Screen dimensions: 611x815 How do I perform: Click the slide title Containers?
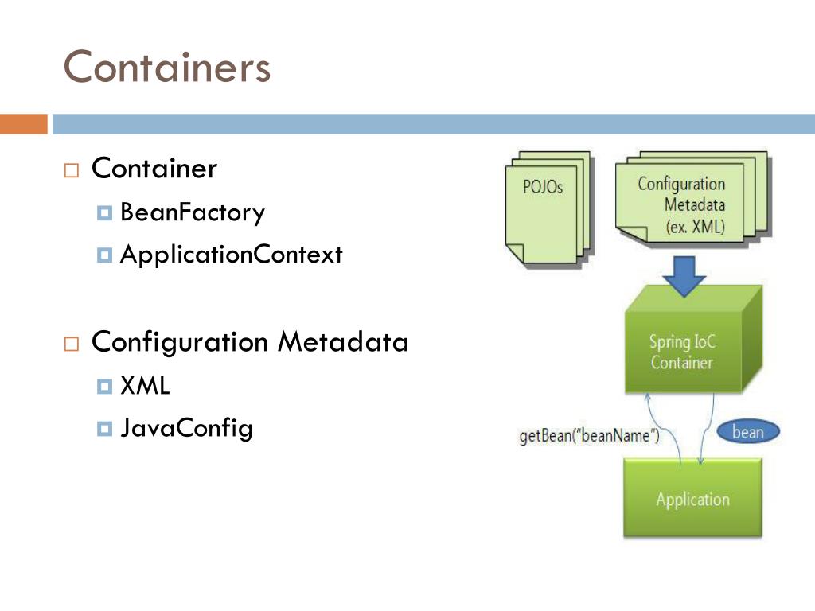[167, 67]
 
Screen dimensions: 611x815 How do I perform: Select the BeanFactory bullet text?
[192, 213]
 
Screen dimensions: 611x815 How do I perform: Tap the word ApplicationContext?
[231, 255]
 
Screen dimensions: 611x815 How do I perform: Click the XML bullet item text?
[145, 387]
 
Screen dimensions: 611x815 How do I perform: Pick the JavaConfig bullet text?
[186, 428]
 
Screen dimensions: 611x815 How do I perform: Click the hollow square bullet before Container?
[72, 170]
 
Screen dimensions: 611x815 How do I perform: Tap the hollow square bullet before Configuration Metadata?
[72, 344]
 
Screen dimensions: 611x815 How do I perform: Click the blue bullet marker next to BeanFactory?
[104, 213]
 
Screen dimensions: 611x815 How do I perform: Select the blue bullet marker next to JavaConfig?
[104, 429]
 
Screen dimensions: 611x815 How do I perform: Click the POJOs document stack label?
[543, 187]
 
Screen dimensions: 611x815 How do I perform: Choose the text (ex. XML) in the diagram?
[695, 226]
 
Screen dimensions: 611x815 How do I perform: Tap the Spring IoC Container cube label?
[681, 352]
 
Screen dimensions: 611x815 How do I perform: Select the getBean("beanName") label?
[589, 437]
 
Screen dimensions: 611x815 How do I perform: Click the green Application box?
[692, 499]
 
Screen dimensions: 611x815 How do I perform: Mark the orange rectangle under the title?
[24, 124]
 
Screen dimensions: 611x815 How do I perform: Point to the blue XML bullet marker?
[104, 387]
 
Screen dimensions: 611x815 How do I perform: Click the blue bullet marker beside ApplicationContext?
[104, 255]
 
